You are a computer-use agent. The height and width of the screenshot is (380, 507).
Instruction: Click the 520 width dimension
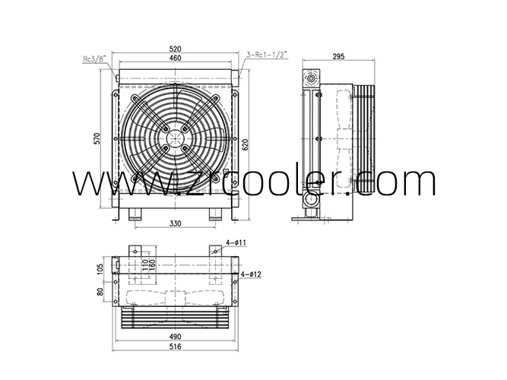coord(176,49)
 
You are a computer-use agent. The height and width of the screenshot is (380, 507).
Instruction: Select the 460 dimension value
coord(176,58)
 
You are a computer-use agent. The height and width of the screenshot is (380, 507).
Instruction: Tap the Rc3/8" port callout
coord(95,59)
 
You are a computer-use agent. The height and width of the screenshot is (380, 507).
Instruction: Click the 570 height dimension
coord(97,138)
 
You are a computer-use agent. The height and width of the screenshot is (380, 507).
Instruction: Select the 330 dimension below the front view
coord(176,223)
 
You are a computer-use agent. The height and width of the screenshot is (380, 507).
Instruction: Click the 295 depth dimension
coord(338,56)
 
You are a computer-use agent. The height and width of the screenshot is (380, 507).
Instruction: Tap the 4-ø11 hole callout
coord(236,242)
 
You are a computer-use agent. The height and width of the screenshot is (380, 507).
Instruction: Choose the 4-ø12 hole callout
coord(251,274)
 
